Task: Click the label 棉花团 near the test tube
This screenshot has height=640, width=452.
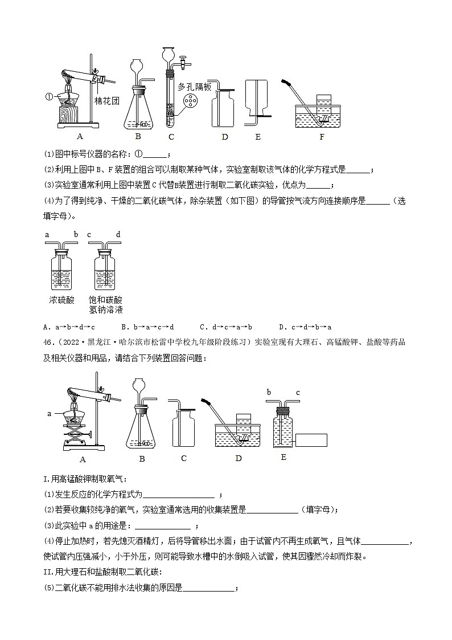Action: (106, 101)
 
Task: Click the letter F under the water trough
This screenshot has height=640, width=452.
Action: (322, 137)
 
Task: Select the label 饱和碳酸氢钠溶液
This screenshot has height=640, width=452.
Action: (106, 305)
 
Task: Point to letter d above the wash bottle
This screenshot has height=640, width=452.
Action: (118, 234)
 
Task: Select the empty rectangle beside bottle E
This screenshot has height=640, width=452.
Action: (311, 439)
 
